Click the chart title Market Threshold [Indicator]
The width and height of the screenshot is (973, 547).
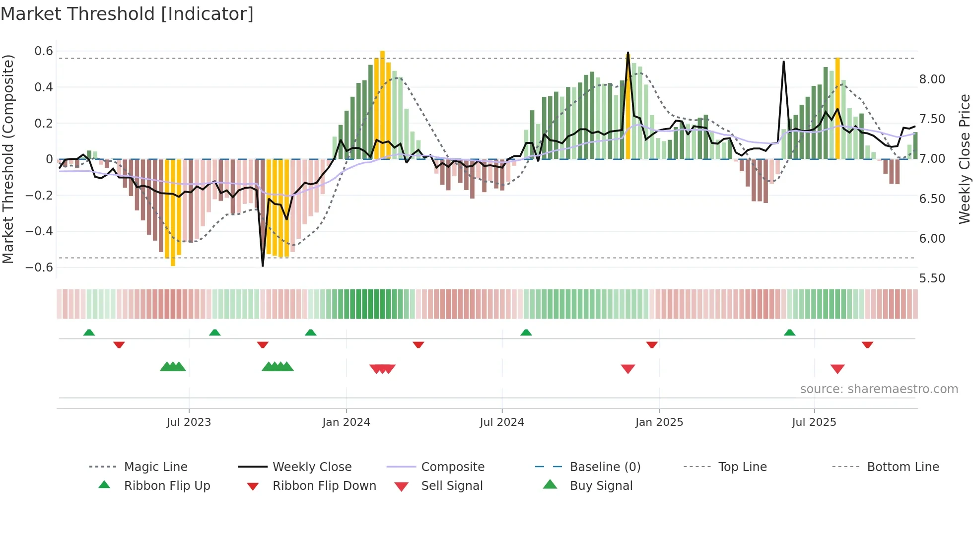click(x=127, y=14)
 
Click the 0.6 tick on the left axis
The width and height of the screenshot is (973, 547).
click(x=44, y=51)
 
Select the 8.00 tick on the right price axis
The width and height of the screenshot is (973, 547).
click(x=932, y=79)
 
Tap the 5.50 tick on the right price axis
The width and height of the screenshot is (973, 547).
click(x=932, y=278)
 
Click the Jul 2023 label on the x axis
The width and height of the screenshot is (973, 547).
click(x=189, y=422)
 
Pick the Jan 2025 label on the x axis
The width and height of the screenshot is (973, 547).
click(x=659, y=422)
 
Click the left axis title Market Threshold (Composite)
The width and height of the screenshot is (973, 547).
click(x=8, y=159)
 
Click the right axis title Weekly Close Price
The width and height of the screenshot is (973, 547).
click(x=964, y=159)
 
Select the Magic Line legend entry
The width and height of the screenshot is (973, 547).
click(x=155, y=467)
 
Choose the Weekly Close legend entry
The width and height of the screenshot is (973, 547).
click(x=312, y=467)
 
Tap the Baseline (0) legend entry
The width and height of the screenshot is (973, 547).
click(x=605, y=467)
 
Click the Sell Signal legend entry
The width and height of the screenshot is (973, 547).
click(x=452, y=486)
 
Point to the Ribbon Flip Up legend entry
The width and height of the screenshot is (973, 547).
click(x=167, y=486)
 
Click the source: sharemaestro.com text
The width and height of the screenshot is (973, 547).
click(x=879, y=389)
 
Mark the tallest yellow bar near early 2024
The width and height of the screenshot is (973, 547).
click(x=382, y=104)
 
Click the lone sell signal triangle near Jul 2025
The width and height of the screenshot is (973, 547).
click(x=837, y=369)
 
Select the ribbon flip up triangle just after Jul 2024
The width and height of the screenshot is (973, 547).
click(x=526, y=332)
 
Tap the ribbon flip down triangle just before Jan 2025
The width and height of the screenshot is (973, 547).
click(x=652, y=344)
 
